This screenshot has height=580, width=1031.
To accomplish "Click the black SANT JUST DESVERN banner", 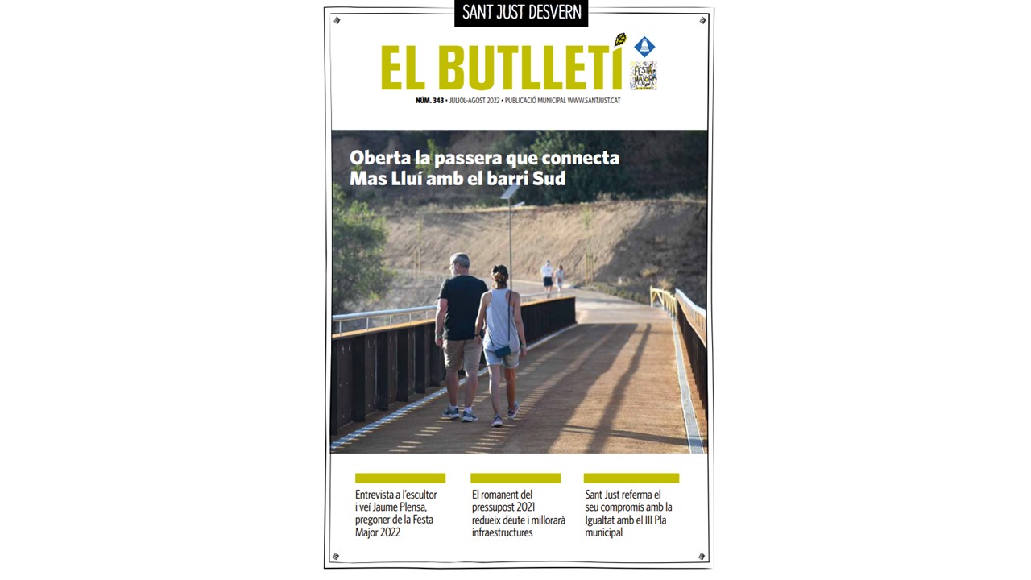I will [x=521, y=13].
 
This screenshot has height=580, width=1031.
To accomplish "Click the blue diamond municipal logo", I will [x=644, y=47].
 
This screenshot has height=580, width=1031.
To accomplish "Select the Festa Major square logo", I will [x=643, y=76].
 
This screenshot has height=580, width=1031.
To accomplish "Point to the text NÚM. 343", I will [x=429, y=100].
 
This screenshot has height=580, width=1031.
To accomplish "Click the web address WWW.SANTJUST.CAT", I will [x=594, y=100].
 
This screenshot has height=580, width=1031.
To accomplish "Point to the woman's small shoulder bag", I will [x=502, y=351].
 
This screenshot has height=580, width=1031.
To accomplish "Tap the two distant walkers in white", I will [x=553, y=277].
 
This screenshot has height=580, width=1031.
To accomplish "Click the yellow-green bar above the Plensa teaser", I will [x=400, y=478].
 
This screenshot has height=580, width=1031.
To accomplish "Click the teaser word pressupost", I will [x=501, y=507].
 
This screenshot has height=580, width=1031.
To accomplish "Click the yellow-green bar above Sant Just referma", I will [x=631, y=478].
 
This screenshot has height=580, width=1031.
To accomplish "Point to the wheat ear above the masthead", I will [x=620, y=39].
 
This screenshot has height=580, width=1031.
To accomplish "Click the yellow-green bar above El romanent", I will [x=515, y=478].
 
